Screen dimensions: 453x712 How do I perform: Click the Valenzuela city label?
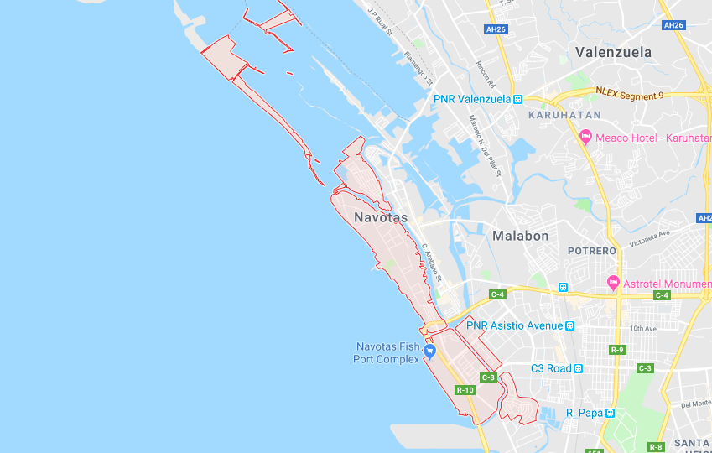(613, 52)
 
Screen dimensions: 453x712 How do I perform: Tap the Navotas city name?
(381, 217)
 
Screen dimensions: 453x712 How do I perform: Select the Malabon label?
(520, 236)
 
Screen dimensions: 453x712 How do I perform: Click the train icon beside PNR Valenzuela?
(518, 99)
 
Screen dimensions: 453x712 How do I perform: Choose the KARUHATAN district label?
(564, 114)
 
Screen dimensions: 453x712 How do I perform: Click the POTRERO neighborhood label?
(592, 251)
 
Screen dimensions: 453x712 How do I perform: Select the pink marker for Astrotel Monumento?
(613, 284)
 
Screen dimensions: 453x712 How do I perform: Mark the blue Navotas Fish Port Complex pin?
(429, 351)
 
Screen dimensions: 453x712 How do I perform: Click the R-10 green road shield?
(465, 390)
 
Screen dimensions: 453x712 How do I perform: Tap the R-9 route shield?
(617, 349)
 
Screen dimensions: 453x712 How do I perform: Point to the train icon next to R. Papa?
(611, 413)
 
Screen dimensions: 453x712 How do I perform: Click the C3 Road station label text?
(551, 368)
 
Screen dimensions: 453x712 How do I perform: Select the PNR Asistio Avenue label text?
(514, 325)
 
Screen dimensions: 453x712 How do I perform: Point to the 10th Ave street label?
(644, 329)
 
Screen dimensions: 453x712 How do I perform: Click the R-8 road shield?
(656, 446)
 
